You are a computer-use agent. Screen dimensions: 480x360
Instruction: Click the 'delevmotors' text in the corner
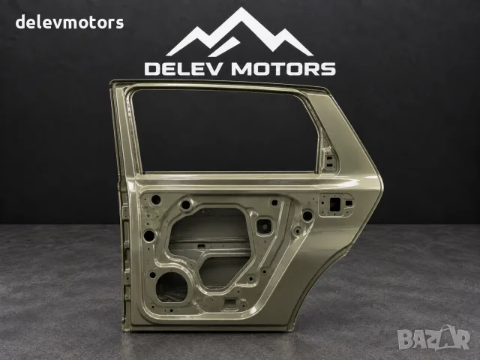pyautogui.click(x=70, y=22)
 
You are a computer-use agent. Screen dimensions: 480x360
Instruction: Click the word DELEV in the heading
pyautogui.click(x=182, y=69)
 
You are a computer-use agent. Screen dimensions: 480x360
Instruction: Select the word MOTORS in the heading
pyautogui.click(x=283, y=69)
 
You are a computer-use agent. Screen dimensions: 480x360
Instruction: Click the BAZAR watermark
pyautogui.click(x=433, y=337)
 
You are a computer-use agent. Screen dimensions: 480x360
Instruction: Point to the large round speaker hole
pyautogui.click(x=172, y=287)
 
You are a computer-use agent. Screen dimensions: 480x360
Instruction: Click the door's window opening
pyautogui.click(x=225, y=130)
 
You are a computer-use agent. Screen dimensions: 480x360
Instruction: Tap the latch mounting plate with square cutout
pyautogui.click(x=336, y=205)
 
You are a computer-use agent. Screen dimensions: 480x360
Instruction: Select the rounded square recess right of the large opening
pyautogui.click(x=265, y=226)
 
